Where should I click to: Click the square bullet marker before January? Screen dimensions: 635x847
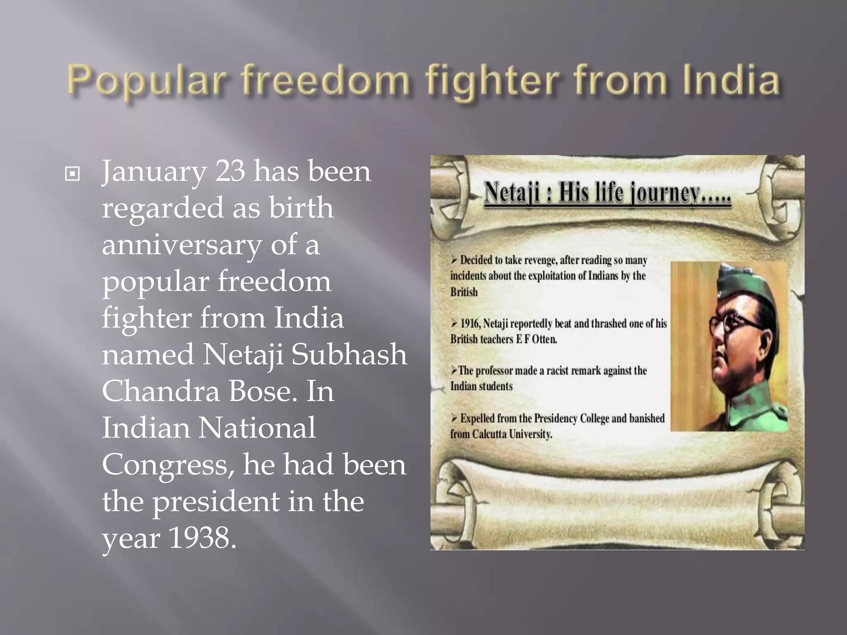pyautogui.click(x=72, y=174)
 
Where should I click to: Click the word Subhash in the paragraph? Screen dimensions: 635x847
pyautogui.click(x=349, y=355)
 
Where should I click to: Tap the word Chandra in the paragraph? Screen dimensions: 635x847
pyautogui.click(x=160, y=391)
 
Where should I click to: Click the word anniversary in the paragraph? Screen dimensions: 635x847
pyautogui.click(x=181, y=245)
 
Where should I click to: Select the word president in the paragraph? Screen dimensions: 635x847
pyautogui.click(x=215, y=501)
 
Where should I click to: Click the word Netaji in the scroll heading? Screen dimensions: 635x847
pyautogui.click(x=512, y=193)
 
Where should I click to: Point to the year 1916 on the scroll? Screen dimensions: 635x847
pyautogui.click(x=470, y=323)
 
